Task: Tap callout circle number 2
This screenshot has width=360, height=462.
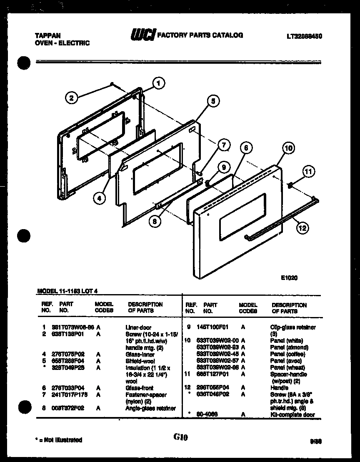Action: click(x=71, y=98)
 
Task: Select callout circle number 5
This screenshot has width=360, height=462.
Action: click(x=212, y=101)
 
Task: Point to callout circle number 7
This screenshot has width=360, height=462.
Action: click(x=224, y=145)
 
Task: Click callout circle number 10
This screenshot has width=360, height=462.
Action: click(x=288, y=148)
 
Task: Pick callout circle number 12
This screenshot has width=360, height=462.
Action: click(x=302, y=227)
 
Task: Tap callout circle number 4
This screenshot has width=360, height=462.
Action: click(x=99, y=199)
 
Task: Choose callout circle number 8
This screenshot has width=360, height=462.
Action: click(x=155, y=222)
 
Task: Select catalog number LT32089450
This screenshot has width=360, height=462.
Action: click(x=304, y=36)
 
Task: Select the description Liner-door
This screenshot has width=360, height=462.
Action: click(x=138, y=327)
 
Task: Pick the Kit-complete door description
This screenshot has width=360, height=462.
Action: click(x=292, y=415)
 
